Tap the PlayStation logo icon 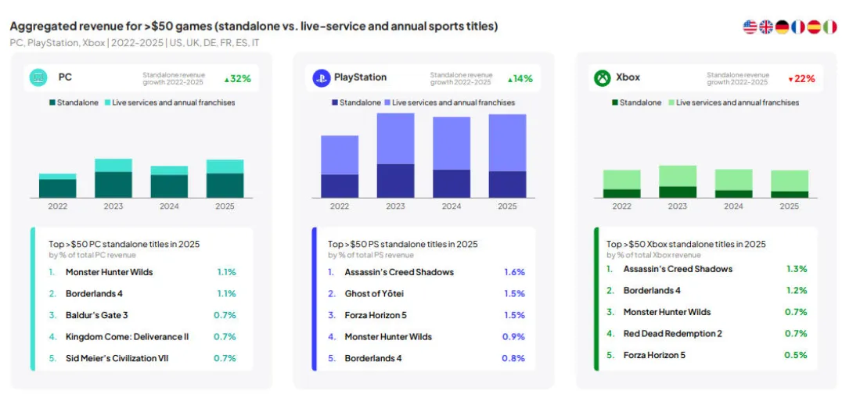tap(321, 77)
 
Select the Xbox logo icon tap(603, 77)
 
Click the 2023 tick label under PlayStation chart tap(395, 206)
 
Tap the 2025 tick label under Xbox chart tap(790, 206)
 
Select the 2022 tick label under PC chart tap(58, 206)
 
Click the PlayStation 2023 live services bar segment tap(395, 138)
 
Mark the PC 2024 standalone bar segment tap(169, 185)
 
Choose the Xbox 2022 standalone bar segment tap(621, 192)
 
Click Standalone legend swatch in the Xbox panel tap(615, 102)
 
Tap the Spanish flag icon tap(814, 27)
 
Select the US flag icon tap(750, 27)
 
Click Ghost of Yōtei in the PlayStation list tap(374, 293)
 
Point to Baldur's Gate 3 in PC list tap(96, 315)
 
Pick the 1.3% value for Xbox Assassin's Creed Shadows tap(797, 269)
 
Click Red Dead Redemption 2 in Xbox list tap(672, 333)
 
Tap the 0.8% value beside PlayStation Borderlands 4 tap(513, 358)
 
